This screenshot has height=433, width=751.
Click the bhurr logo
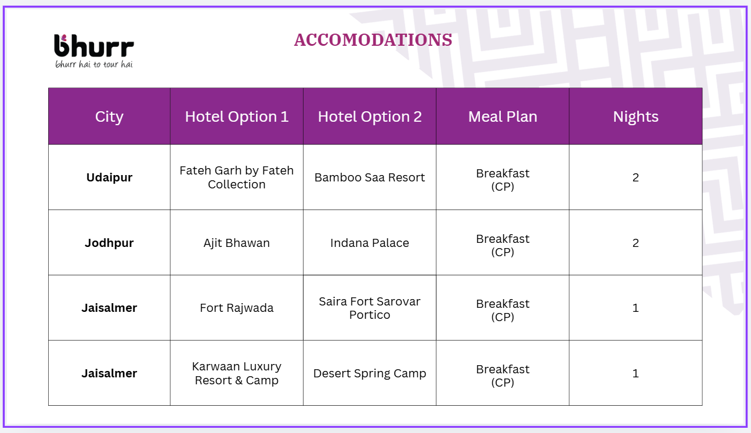[93, 45]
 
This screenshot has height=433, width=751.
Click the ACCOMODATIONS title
[373, 40]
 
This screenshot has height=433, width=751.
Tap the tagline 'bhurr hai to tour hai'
[94, 64]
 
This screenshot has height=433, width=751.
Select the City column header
[109, 117]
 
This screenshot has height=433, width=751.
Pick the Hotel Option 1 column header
[236, 117]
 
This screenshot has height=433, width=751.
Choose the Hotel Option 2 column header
[370, 117]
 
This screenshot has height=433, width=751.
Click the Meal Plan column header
[503, 117]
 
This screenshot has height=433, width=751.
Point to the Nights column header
[636, 117]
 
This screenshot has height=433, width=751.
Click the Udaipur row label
[109, 177]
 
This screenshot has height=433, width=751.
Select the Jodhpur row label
[109, 243]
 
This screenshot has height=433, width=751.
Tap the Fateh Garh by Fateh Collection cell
[236, 177]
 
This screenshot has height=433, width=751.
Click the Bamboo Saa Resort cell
[370, 177]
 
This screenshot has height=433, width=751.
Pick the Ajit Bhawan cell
[236, 243]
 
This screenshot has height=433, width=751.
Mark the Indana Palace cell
[370, 243]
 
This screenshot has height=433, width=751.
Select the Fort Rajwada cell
[236, 308]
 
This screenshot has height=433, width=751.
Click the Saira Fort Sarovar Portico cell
[370, 308]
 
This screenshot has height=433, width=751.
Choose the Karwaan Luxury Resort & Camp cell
[236, 373]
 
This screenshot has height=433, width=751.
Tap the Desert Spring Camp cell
[370, 373]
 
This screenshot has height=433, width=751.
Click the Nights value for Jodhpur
[636, 243]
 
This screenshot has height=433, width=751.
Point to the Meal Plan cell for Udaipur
[503, 180]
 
